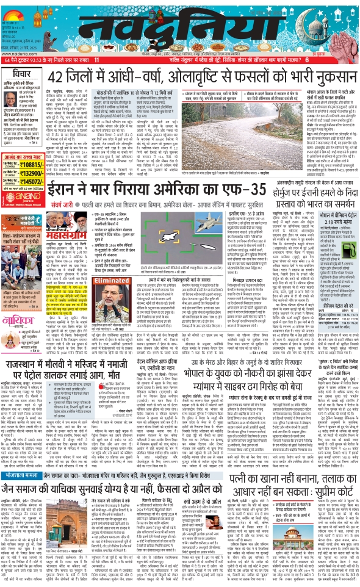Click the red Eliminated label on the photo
point(93,281)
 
